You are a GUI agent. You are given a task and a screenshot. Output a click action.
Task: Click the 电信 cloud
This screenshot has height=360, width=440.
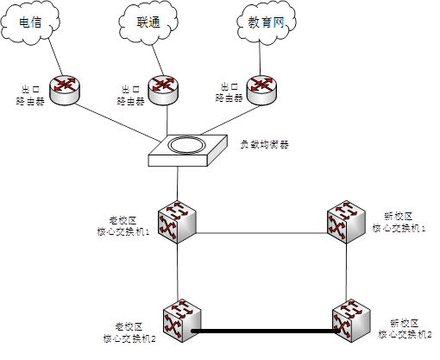(30, 22)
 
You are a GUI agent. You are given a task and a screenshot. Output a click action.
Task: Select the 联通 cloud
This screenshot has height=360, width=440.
(148, 22)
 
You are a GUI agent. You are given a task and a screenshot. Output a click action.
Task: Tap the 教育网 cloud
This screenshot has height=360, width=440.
(267, 22)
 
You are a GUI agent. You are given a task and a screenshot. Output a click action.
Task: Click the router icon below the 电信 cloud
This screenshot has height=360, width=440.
(65, 90)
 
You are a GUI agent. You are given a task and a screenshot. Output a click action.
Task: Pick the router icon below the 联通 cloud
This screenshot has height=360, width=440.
(163, 90)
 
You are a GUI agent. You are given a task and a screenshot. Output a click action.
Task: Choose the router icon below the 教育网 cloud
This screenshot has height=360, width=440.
(261, 90)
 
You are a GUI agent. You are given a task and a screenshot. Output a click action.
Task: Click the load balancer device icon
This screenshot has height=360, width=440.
(188, 150)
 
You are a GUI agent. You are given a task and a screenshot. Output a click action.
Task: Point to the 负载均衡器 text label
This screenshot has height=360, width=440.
(264, 144)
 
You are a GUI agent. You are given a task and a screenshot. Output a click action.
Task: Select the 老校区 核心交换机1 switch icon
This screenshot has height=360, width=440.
(177, 222)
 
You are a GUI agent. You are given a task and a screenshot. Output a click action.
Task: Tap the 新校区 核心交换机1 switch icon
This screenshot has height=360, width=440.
(346, 222)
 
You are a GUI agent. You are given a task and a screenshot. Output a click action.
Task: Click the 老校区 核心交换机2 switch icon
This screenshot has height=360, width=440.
(182, 321)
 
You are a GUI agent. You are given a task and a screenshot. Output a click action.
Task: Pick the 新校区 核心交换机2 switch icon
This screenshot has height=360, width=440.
(351, 321)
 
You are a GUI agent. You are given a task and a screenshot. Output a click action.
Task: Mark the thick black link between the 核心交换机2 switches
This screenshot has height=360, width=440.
(266, 332)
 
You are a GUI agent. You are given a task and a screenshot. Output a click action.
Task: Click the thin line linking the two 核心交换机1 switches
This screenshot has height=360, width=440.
(261, 233)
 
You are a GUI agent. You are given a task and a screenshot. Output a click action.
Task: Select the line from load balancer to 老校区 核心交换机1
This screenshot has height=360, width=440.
(178, 184)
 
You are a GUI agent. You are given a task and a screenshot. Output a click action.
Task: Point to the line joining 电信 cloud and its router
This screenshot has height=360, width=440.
(55, 56)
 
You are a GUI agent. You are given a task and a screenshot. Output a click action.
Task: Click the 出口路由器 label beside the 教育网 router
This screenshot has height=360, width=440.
(229, 92)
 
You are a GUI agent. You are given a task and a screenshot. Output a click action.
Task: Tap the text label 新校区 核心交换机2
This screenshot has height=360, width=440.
(405, 329)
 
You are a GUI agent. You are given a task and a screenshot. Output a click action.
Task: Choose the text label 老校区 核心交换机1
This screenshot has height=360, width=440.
(123, 226)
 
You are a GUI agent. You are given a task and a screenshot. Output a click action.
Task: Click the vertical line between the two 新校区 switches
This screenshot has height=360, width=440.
(346, 272)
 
